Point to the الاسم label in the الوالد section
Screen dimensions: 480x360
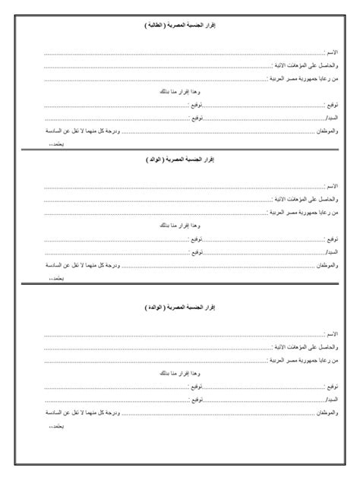point(331,185)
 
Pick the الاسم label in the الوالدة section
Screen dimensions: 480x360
point(331,334)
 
